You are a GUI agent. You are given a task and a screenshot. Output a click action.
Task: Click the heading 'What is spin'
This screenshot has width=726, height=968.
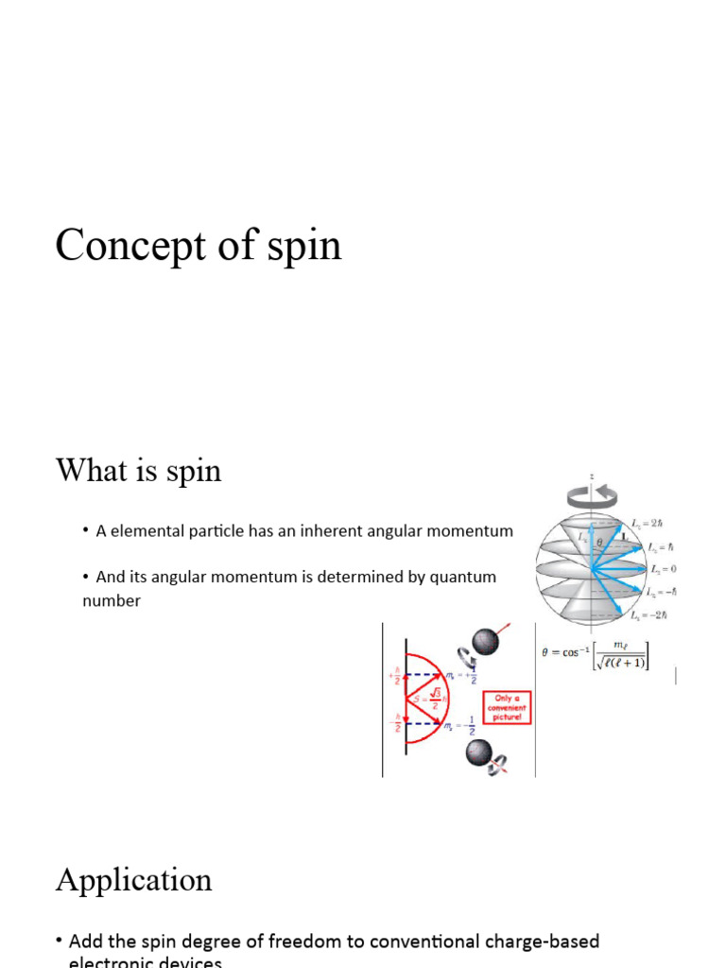[139, 470]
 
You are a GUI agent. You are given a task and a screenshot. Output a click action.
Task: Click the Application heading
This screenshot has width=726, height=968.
[133, 880]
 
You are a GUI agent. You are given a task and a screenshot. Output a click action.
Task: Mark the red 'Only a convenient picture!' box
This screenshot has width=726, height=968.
[509, 707]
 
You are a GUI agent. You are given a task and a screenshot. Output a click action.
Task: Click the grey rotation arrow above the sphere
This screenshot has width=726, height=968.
[592, 494]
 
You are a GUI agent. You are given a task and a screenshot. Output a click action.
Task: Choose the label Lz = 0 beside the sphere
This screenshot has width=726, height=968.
[662, 569]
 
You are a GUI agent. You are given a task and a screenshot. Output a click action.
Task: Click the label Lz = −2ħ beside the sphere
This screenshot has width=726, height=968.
[649, 615]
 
